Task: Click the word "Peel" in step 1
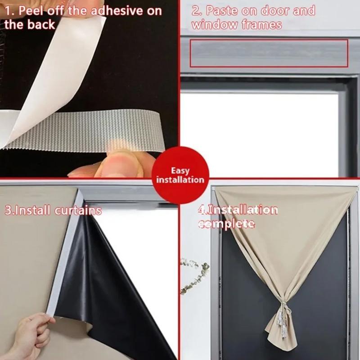pos(31,11)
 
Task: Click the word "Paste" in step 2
pos(221,11)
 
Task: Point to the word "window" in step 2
pos(214,25)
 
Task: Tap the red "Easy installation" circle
pos(180,175)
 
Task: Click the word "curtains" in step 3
pos(78,211)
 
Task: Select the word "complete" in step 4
pos(227,224)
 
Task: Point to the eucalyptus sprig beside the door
pos(195,275)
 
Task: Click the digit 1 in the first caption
pos(8,11)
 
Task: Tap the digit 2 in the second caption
pos(196,11)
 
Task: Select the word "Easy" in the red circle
pos(180,171)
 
